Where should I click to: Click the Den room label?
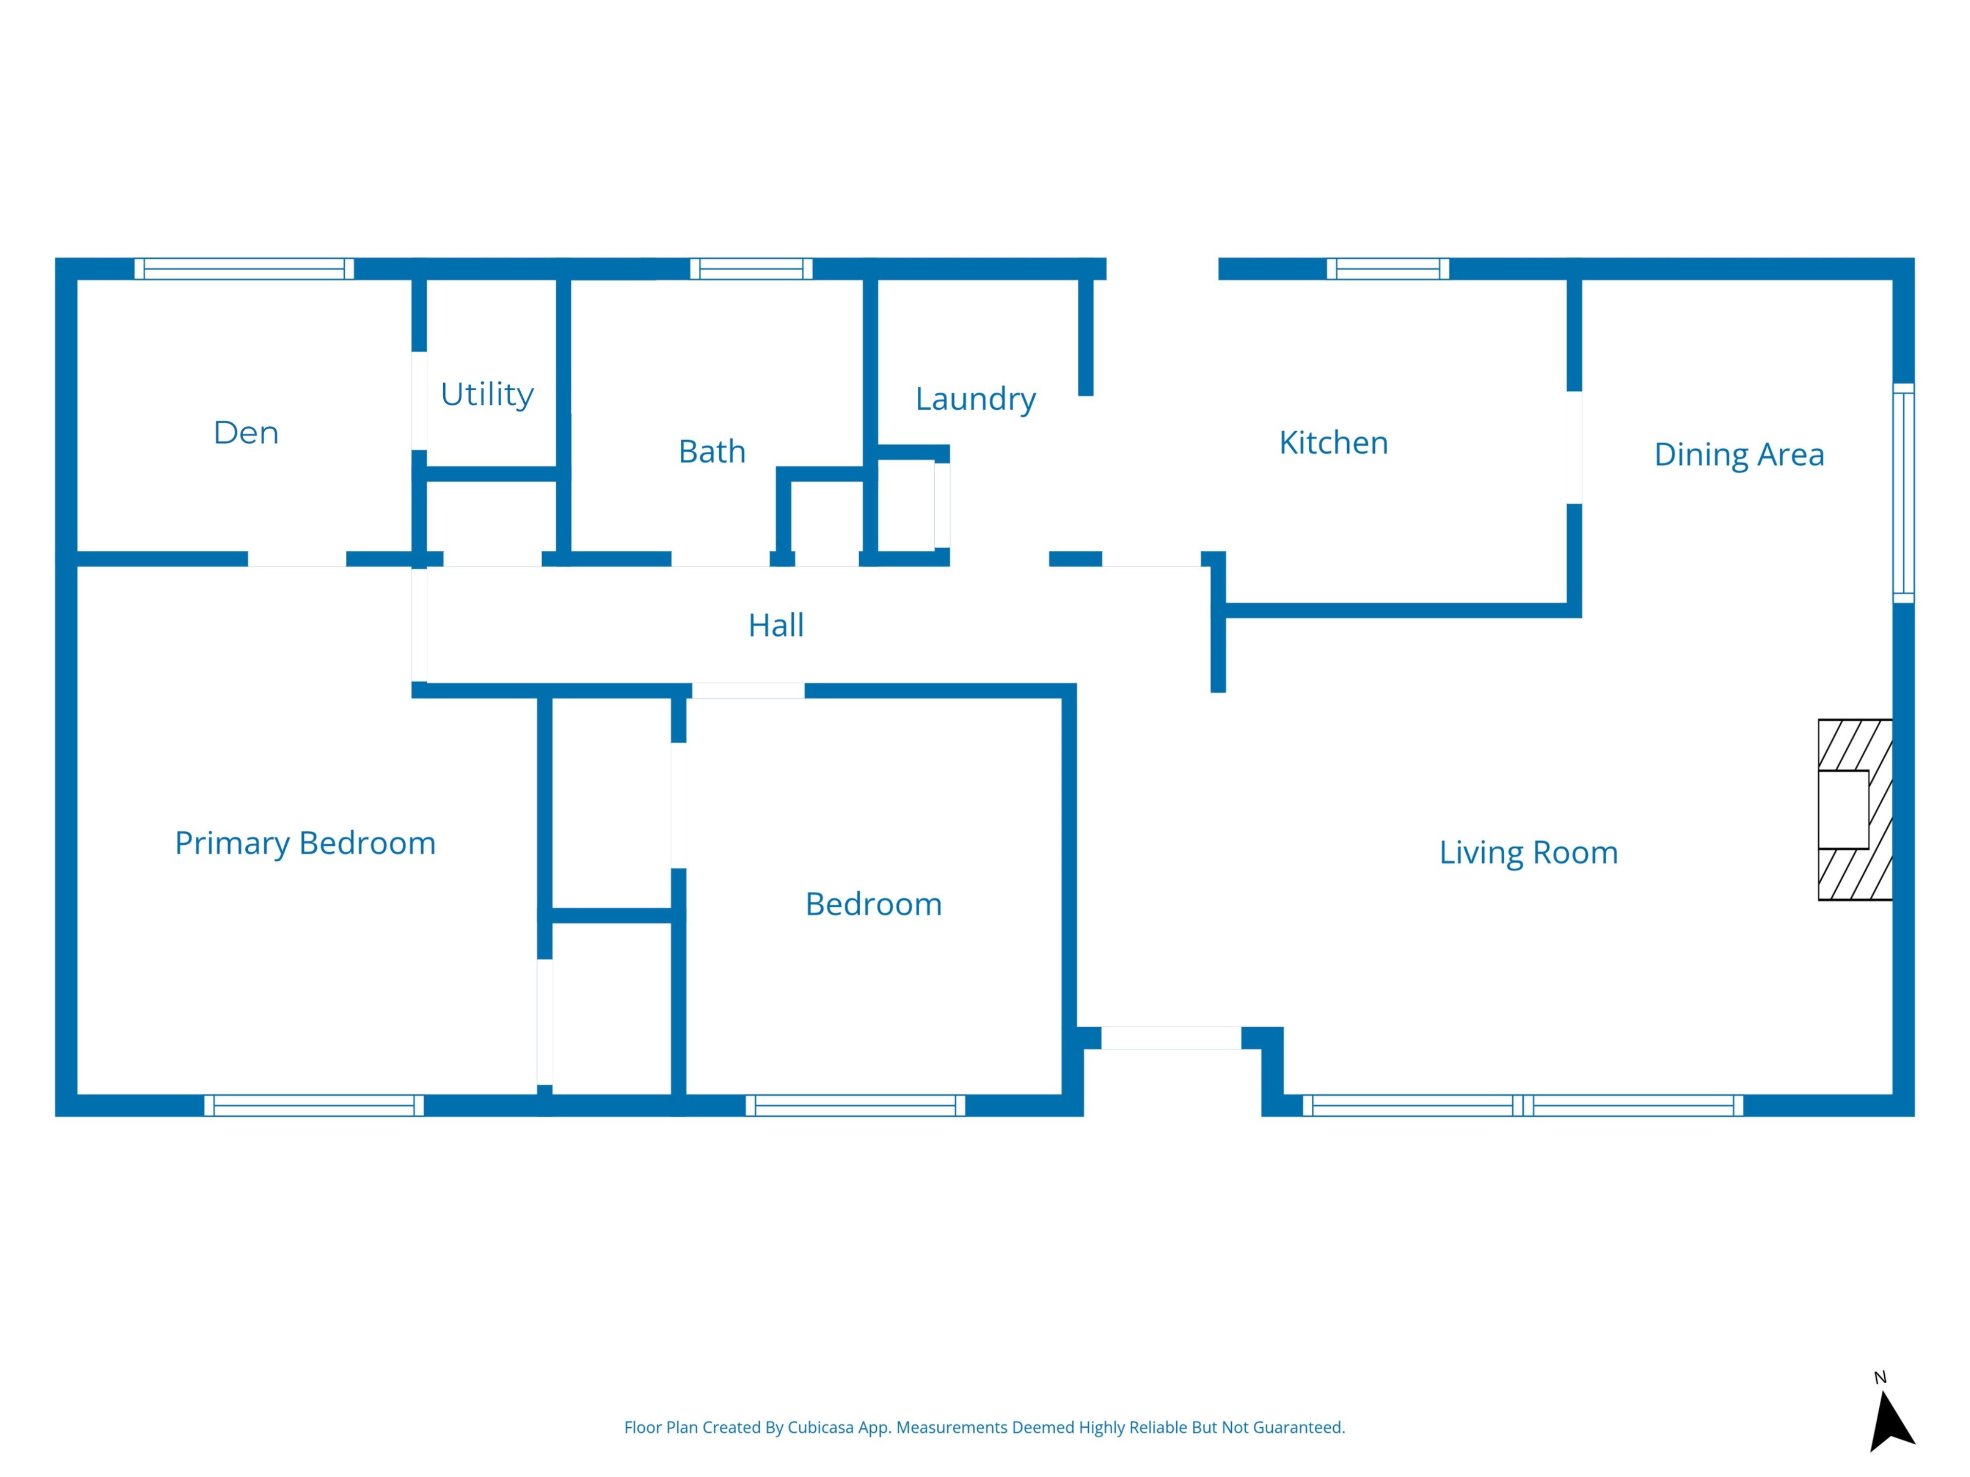click(x=246, y=433)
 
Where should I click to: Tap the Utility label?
click(x=487, y=393)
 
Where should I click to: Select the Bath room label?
click(x=712, y=451)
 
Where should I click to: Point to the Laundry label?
click(x=975, y=399)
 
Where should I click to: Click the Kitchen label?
click(x=1333, y=443)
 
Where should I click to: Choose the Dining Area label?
click(x=1739, y=454)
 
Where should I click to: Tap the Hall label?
click(x=776, y=625)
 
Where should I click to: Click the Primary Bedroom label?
click(x=305, y=843)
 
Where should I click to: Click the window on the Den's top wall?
click(x=244, y=269)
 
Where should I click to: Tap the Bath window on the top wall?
click(x=751, y=269)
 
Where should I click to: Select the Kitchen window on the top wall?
click(x=1388, y=269)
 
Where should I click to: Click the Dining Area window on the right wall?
click(x=1903, y=493)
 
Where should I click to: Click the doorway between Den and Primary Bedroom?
click(x=297, y=559)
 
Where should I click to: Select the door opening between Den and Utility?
click(x=419, y=401)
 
